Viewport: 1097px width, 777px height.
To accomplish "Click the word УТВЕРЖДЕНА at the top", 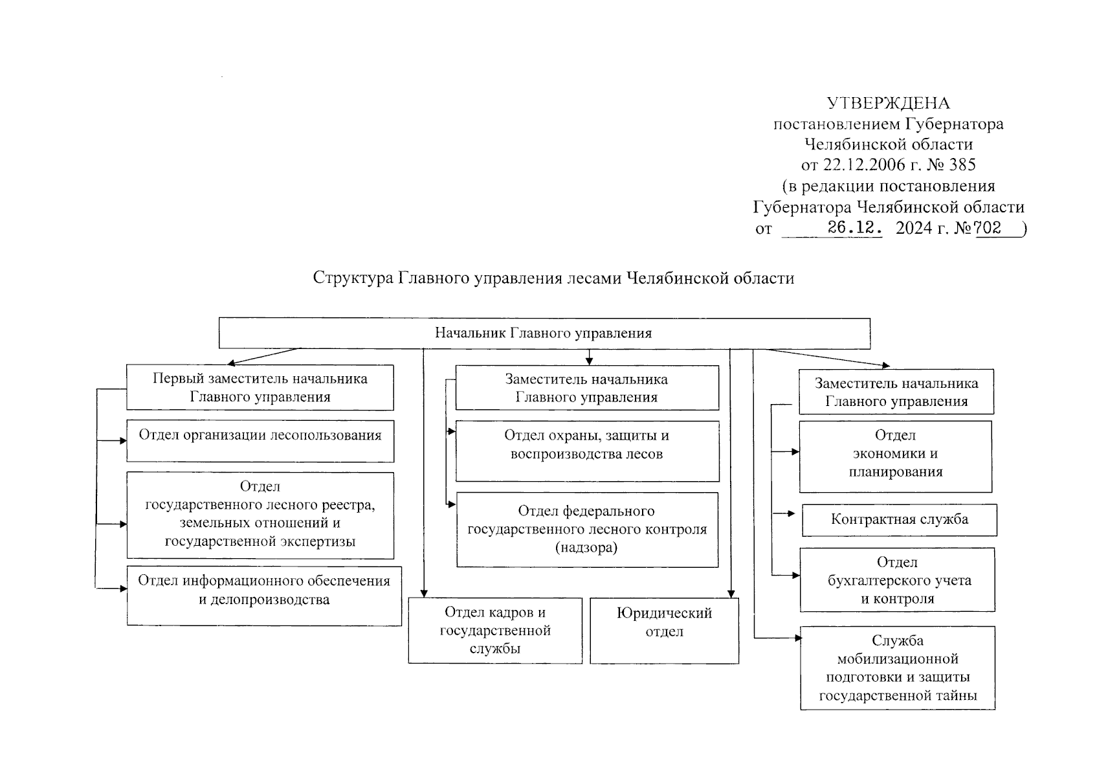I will coord(888,103).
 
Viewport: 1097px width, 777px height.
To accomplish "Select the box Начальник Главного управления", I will coord(544,333).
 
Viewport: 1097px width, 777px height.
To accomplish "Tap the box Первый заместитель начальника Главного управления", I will coord(260,387).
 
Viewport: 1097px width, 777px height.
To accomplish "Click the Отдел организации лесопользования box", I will coord(260,441).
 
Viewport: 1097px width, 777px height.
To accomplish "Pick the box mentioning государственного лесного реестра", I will coord(260,515).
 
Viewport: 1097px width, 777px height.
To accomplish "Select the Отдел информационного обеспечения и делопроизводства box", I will coord(263,596).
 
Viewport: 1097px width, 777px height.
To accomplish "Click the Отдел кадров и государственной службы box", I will coord(494,630).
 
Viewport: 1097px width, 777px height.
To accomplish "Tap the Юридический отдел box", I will coord(664,630).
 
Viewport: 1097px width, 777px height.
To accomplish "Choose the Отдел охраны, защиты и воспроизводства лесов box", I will coord(586,451).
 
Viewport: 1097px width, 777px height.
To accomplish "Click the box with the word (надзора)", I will coord(586,530).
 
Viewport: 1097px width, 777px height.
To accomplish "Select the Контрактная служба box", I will coord(899,520).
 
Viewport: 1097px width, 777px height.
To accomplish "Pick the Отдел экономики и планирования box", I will coord(895,456).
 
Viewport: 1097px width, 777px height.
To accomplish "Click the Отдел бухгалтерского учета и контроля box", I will coord(896,580).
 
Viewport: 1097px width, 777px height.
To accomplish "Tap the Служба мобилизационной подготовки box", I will coord(897,668).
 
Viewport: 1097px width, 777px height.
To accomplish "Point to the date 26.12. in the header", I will coord(854,228).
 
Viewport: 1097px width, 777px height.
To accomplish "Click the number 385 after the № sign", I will coord(962,164).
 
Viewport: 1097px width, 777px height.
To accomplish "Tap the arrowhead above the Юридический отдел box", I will coord(731,592).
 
